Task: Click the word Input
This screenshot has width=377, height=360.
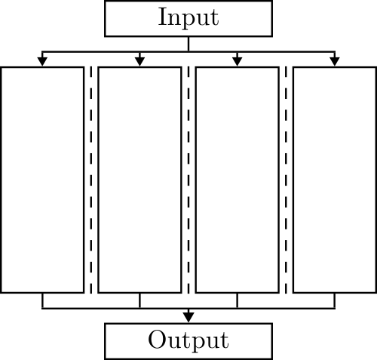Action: click(x=188, y=18)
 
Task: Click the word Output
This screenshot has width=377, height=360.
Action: click(x=188, y=340)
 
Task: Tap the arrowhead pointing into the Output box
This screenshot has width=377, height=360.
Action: click(x=188, y=317)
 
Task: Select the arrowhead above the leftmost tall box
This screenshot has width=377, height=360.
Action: click(x=42, y=61)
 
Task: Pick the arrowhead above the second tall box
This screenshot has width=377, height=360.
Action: click(x=139, y=61)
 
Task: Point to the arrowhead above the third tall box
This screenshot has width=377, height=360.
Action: click(x=237, y=61)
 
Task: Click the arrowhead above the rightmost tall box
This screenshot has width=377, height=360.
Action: click(x=335, y=61)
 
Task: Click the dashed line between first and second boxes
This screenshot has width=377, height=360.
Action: click(x=91, y=180)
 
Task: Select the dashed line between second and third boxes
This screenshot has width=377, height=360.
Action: click(x=188, y=180)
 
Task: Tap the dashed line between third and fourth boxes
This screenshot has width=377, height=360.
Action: click(x=286, y=180)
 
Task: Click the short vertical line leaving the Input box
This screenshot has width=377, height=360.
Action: click(x=188, y=45)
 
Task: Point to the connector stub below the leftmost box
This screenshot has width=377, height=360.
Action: click(x=42, y=300)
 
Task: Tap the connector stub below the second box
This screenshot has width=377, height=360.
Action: click(x=139, y=300)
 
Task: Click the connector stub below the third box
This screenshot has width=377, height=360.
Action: click(x=237, y=300)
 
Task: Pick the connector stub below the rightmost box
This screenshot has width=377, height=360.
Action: click(x=335, y=300)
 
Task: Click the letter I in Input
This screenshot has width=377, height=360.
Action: click(x=162, y=17)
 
